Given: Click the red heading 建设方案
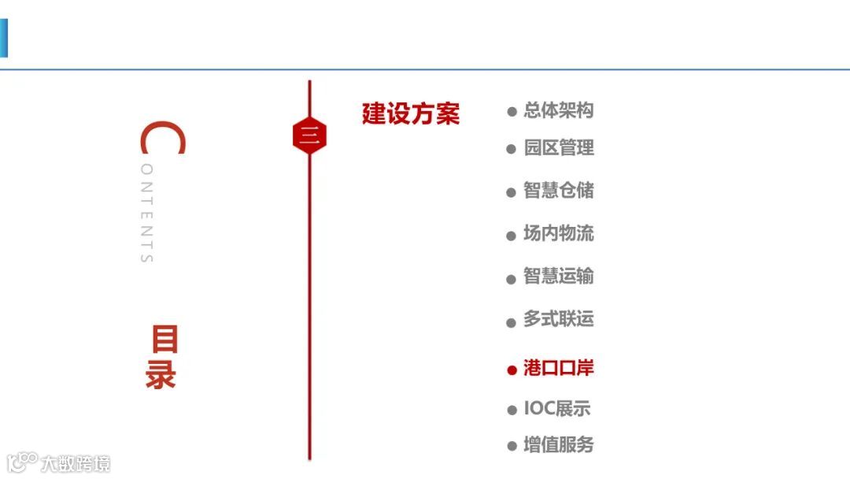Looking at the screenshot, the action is [x=410, y=114].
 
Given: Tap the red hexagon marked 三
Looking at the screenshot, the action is [x=309, y=136].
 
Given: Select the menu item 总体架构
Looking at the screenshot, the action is [x=558, y=110].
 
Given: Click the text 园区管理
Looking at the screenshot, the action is [x=558, y=147].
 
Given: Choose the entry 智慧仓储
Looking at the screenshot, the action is [x=558, y=191].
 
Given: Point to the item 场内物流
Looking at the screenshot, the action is [x=558, y=234].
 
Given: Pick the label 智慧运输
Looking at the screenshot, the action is [x=558, y=277].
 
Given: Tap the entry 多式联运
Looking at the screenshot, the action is [x=558, y=320].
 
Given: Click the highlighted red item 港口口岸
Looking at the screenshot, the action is [x=558, y=368].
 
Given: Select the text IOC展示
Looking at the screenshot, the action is [x=556, y=409].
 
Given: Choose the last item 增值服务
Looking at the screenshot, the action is [x=558, y=444].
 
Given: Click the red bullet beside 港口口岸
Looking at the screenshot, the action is [x=512, y=369].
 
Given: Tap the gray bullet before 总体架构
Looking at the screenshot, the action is [x=512, y=112].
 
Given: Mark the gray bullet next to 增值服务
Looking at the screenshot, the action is [x=512, y=446].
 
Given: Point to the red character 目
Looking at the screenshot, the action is [x=164, y=340].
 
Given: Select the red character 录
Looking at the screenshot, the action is [x=160, y=375].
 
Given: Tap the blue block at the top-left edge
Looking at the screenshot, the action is [x=3, y=39].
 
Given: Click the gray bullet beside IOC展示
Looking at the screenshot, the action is [x=512, y=410].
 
